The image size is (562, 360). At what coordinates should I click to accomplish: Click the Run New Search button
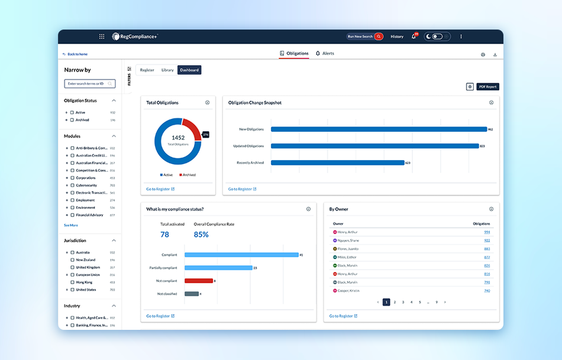(x=364, y=37)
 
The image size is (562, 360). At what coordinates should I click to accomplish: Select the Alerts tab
(x=325, y=53)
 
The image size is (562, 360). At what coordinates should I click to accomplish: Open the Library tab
(x=167, y=70)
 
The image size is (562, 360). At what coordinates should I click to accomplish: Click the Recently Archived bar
(x=337, y=163)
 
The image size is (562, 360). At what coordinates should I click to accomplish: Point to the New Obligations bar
(x=379, y=129)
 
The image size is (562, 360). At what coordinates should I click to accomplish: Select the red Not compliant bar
(x=199, y=281)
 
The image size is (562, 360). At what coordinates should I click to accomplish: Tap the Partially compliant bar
(x=218, y=268)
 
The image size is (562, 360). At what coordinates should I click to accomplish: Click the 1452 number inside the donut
(x=178, y=138)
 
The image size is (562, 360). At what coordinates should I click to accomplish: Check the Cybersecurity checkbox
(x=72, y=185)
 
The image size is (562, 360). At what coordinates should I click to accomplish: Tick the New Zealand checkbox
(x=72, y=260)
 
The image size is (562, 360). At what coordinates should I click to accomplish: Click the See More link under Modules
(x=71, y=225)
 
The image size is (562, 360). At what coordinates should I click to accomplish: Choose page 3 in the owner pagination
(x=403, y=302)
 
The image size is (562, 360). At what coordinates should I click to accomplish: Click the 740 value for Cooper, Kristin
(x=487, y=291)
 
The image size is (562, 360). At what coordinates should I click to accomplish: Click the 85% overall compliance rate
(x=201, y=235)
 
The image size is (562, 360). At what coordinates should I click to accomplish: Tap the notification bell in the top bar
(x=414, y=37)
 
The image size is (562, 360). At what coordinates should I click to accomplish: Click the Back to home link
(x=77, y=54)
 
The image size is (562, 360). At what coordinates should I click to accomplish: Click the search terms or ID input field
(x=88, y=84)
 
